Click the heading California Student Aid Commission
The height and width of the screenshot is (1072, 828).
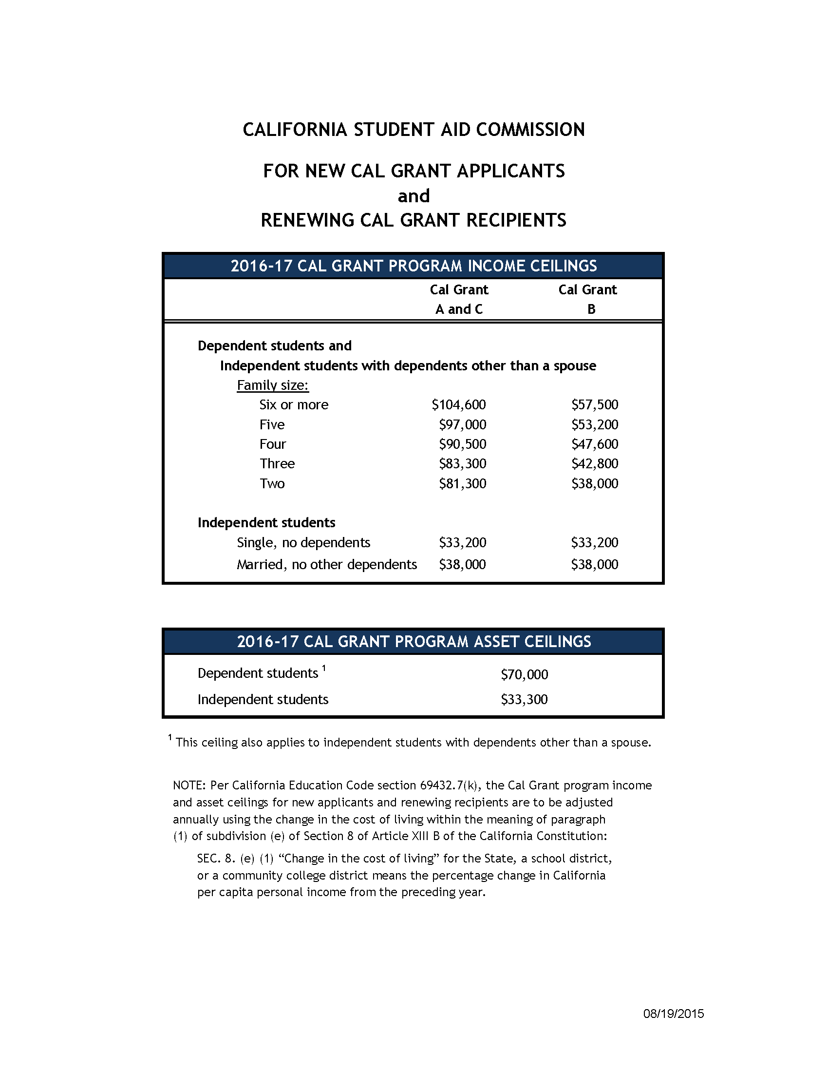414,130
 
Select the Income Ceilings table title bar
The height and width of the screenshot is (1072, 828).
414,266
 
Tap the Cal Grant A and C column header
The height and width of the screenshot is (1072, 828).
459,299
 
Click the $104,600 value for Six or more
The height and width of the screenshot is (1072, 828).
459,405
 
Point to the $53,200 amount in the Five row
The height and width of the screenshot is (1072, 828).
595,424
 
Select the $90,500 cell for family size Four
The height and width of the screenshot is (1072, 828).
463,444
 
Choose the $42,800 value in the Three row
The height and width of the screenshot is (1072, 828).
595,464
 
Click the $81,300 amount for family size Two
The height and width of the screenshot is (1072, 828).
463,484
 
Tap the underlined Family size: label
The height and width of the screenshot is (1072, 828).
273,385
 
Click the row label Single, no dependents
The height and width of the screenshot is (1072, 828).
303,543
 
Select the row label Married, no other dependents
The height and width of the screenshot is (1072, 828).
327,564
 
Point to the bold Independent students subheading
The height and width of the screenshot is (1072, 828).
266,523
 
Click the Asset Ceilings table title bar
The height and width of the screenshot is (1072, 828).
414,642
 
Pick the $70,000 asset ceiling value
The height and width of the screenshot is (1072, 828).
525,675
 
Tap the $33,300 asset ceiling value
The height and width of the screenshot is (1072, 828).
525,699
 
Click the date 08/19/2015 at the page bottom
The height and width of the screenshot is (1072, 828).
674,1014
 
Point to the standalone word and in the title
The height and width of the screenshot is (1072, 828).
414,196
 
